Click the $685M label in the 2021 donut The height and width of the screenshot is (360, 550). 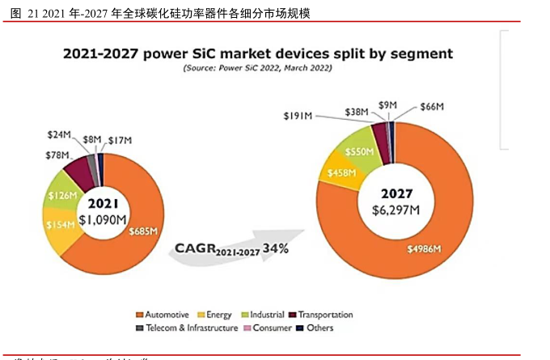(142, 231)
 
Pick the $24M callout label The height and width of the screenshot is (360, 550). (60, 134)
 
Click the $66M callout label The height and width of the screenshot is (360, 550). (433, 107)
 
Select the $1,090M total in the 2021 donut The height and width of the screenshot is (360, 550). (103, 218)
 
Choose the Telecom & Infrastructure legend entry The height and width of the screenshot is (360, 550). (187, 328)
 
